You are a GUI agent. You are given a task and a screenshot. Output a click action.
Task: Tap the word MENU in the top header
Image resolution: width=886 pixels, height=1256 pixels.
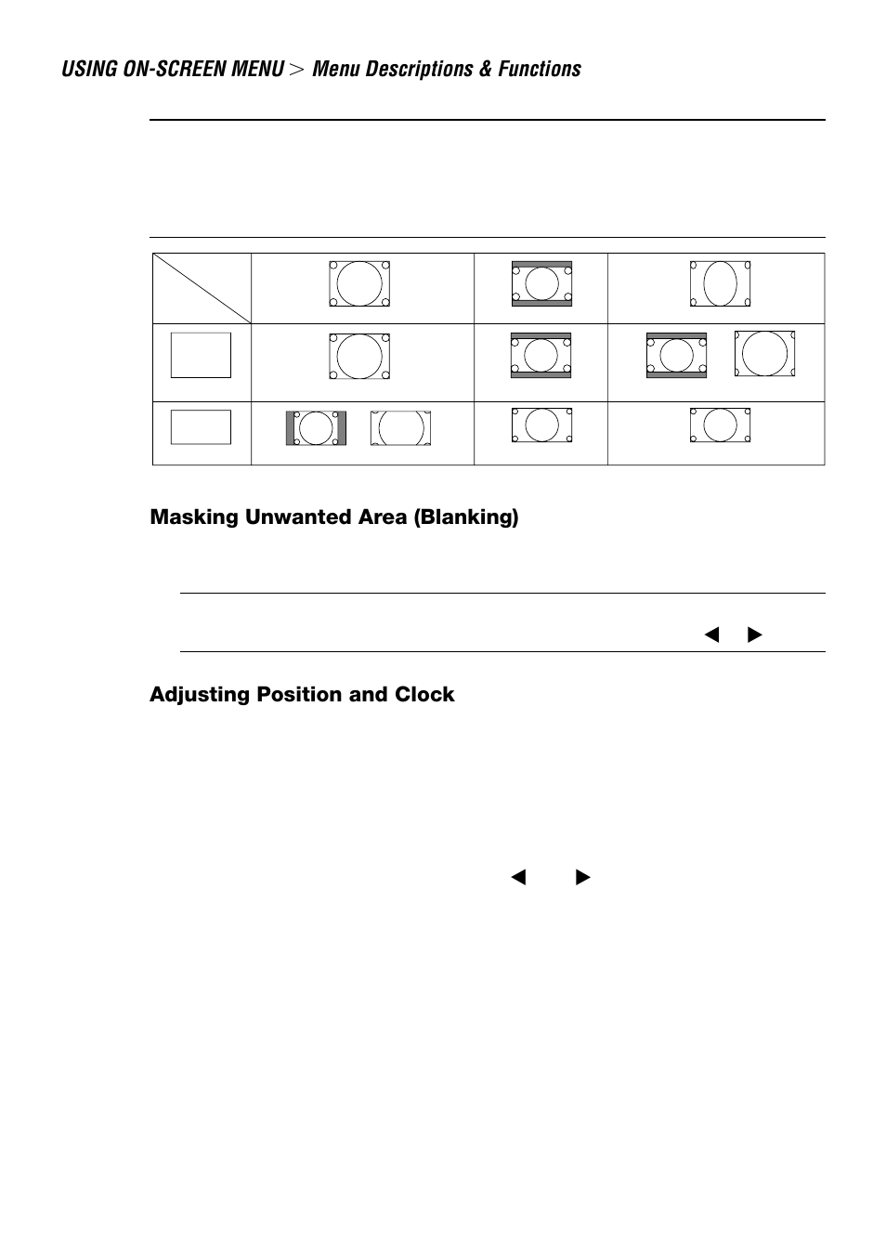(259, 70)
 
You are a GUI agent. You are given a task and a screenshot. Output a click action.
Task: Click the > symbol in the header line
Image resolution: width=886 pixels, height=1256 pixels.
(296, 70)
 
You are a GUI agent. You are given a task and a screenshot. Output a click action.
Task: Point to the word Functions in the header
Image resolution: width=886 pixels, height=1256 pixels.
(541, 70)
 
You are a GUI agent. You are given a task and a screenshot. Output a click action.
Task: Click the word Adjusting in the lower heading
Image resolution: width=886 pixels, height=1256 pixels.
(199, 695)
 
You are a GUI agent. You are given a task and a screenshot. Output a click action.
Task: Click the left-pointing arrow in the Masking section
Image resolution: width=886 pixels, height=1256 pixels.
(712, 635)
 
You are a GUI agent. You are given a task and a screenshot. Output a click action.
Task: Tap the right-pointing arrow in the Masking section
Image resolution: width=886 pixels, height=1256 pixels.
(754, 635)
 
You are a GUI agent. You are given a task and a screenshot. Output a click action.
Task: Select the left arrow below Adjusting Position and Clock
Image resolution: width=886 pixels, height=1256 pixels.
(518, 877)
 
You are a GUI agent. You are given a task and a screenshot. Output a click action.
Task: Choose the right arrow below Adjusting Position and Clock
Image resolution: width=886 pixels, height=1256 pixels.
(582, 877)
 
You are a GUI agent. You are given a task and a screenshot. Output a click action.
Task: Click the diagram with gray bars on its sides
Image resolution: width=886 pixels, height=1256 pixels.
(316, 428)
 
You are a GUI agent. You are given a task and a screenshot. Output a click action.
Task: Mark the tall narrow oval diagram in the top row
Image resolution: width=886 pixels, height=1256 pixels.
(720, 284)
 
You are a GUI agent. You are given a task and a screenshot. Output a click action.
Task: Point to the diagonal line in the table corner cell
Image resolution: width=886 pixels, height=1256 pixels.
(202, 288)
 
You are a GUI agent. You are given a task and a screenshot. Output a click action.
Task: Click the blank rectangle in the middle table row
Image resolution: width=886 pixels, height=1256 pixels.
(201, 355)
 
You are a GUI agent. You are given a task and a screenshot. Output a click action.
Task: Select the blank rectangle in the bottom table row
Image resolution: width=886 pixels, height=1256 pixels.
(201, 427)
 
